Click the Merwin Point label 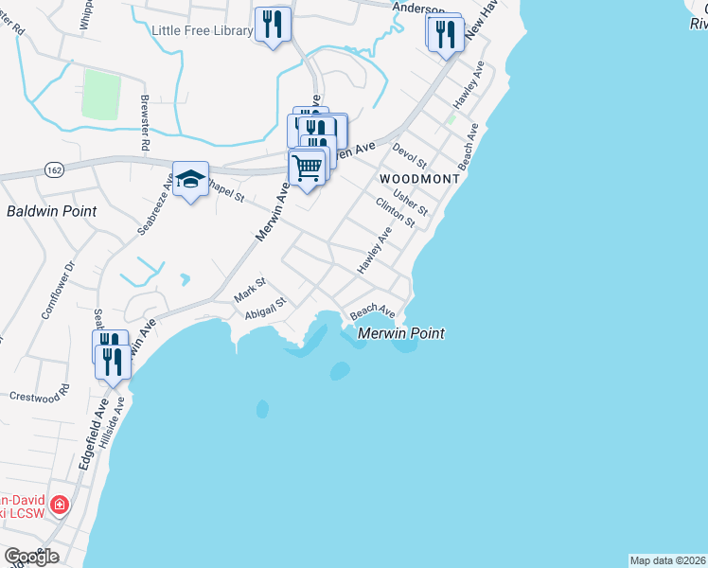[x=401, y=333]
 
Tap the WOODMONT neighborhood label [x=419, y=178]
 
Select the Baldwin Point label [x=51, y=211]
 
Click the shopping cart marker [x=309, y=169]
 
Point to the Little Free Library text [x=203, y=30]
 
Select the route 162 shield [x=54, y=168]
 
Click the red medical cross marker [x=59, y=506]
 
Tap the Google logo [x=31, y=557]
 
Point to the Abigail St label [x=265, y=314]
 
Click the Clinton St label [x=395, y=212]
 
